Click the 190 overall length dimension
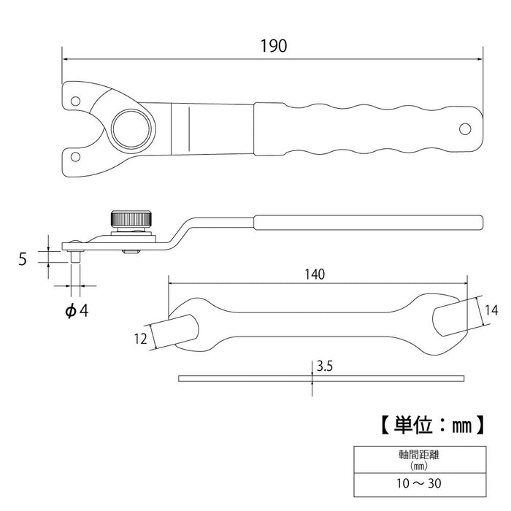(x=273, y=45)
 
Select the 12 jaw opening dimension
(x=141, y=337)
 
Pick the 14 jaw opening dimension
(x=488, y=310)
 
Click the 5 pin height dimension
(x=23, y=257)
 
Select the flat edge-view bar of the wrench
(x=321, y=378)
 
